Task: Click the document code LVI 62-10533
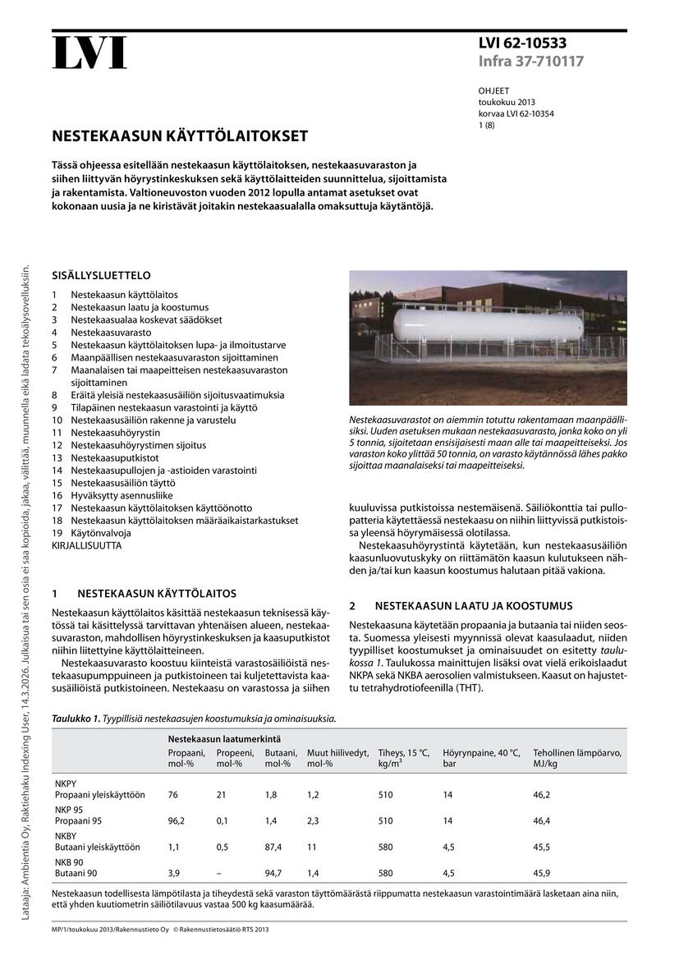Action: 522,44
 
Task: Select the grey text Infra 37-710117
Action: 531,62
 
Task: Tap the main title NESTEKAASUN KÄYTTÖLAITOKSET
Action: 181,136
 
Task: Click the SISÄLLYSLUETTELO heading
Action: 101,276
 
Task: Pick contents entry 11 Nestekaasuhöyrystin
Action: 115,432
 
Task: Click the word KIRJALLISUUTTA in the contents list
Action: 86,545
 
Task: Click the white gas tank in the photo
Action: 476,325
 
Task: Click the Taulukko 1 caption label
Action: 76,719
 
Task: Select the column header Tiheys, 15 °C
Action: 403,753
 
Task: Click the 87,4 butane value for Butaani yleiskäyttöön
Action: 273,847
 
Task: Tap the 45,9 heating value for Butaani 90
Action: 542,873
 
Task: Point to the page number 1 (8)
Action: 487,126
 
